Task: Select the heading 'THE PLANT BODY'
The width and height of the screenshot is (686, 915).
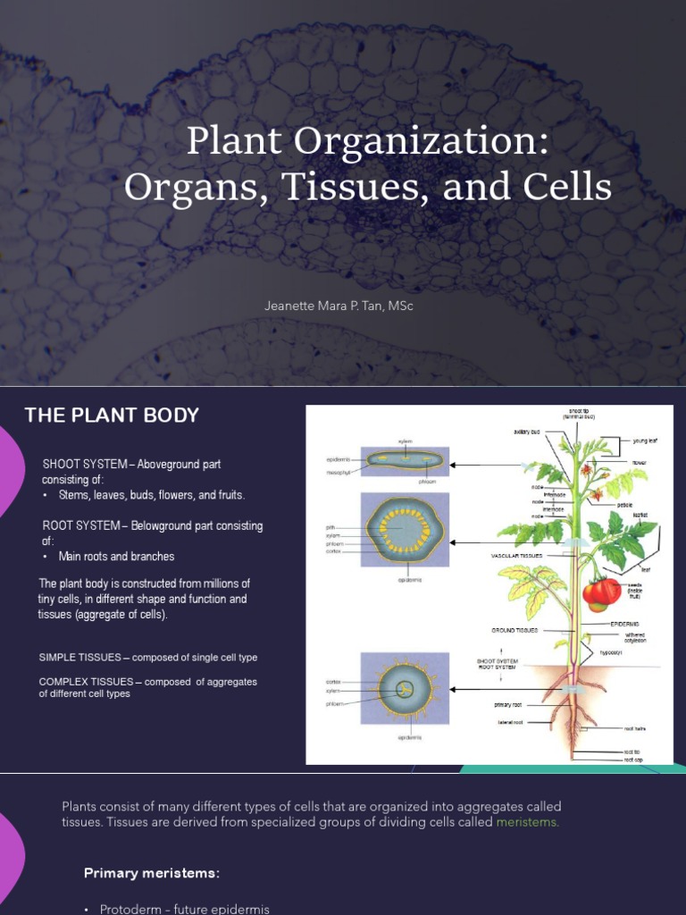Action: [112, 415]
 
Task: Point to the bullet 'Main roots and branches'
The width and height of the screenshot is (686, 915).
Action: [116, 557]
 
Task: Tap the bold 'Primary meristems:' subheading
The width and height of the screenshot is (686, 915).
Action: [152, 873]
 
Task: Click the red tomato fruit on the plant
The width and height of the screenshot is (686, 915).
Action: [601, 591]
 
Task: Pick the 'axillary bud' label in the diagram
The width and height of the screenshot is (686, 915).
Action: [529, 431]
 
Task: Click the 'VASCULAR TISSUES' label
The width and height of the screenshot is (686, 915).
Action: [517, 556]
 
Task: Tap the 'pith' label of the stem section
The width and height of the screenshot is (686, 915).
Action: [330, 528]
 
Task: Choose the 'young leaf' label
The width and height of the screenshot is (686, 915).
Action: [645, 441]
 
